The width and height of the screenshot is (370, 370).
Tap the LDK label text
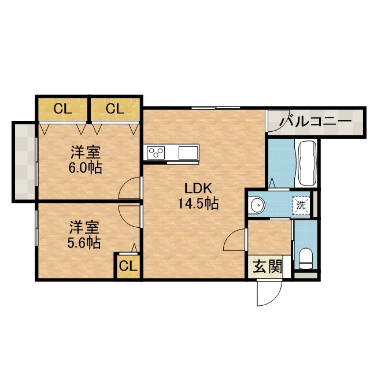pyautogui.click(x=198, y=188)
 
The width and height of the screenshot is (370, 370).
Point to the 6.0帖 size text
pyautogui.click(x=86, y=168)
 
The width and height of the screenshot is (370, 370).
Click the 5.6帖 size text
pyautogui.click(x=84, y=242)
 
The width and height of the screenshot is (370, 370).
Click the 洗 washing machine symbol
pyautogui.click(x=301, y=206)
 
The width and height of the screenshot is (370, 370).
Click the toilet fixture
pyautogui.click(x=306, y=258)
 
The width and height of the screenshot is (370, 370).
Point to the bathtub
pyautogui.click(x=308, y=162)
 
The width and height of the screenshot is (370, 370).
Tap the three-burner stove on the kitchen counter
pyautogui.click(x=156, y=153)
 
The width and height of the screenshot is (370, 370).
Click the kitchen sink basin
pyautogui.click(x=188, y=153)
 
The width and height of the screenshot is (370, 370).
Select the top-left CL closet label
pyautogui.click(x=62, y=109)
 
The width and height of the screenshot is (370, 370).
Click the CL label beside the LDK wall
pyautogui.click(x=115, y=109)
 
